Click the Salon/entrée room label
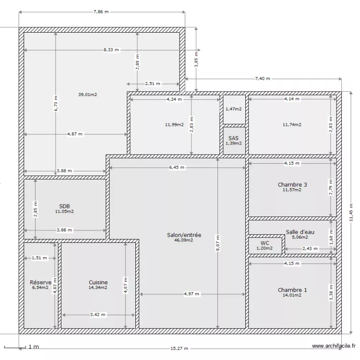(184, 235)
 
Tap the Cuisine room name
(98, 282)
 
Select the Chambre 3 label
(292, 185)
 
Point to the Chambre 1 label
(292, 290)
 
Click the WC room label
(264, 243)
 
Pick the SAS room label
(234, 138)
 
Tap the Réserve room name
(40, 282)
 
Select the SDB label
(64, 206)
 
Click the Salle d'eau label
(300, 232)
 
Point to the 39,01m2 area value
(88, 95)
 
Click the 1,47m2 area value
(234, 109)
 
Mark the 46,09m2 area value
(184, 240)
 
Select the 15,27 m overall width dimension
(179, 348)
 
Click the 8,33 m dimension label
(111, 49)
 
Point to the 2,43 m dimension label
(310, 249)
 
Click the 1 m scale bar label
(33, 347)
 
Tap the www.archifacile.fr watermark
(334, 346)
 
